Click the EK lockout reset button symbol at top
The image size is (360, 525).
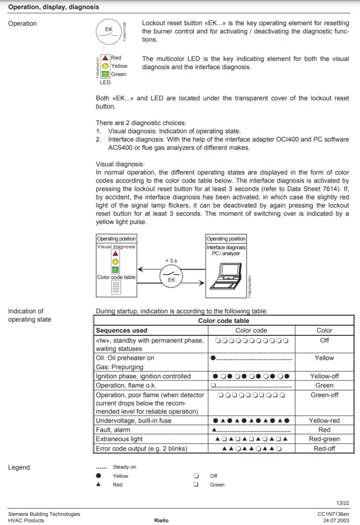point(109,31)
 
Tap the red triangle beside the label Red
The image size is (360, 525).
point(105,58)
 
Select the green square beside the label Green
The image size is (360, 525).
point(105,74)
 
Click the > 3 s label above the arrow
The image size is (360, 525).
point(171,261)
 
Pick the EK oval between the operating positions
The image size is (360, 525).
point(171,279)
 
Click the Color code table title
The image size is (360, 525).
point(224,321)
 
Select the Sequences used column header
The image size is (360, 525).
point(122,331)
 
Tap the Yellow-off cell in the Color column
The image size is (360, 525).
point(324,376)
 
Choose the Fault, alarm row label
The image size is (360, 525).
point(113,430)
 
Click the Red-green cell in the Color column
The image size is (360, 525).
point(324,439)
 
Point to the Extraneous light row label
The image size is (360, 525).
point(119,439)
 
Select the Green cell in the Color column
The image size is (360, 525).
point(324,386)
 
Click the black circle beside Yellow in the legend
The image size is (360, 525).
point(98,476)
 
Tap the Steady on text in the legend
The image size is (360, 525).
point(125,467)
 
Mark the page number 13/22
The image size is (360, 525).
point(343,502)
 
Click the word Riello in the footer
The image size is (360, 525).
point(161,520)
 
